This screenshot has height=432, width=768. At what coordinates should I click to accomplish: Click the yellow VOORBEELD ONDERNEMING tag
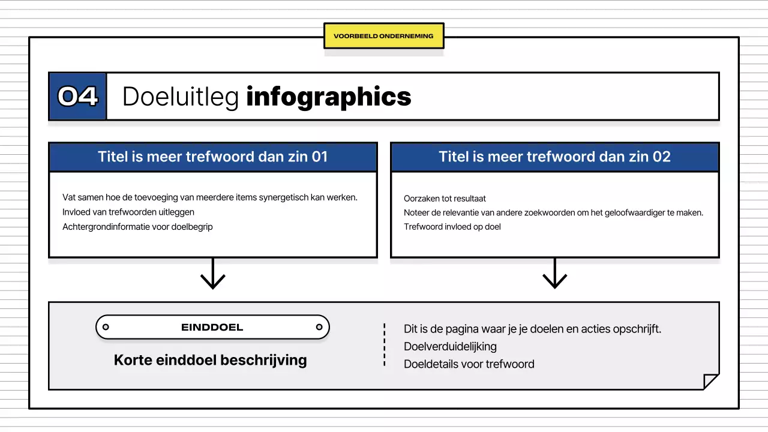pos(383,36)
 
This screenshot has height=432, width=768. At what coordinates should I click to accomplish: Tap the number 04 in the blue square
pos(77,97)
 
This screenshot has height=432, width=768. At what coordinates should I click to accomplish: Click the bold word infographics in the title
pos(329,97)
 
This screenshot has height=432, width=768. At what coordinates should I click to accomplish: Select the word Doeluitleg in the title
pos(181,97)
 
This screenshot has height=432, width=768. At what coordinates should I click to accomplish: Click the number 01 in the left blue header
pos(319,157)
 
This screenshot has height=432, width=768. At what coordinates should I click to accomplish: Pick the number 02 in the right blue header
pos(661,157)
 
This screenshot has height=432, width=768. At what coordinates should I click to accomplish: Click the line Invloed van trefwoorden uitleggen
pos(128,212)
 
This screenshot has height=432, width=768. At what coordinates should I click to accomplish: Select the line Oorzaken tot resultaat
pos(445,198)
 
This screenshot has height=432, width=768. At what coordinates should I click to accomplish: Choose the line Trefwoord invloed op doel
pos(452,227)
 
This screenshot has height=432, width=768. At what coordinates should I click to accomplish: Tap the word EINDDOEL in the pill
pos(212,328)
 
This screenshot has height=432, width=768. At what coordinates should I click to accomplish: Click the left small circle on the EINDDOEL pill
pos(106,327)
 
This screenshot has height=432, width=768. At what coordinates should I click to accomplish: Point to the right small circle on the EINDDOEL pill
pos(319,327)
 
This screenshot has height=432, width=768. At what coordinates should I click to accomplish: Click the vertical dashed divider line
pos(385,345)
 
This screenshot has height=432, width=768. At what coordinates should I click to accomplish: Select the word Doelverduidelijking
pos(450,347)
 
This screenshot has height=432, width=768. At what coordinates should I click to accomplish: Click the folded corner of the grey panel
pos(710,381)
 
